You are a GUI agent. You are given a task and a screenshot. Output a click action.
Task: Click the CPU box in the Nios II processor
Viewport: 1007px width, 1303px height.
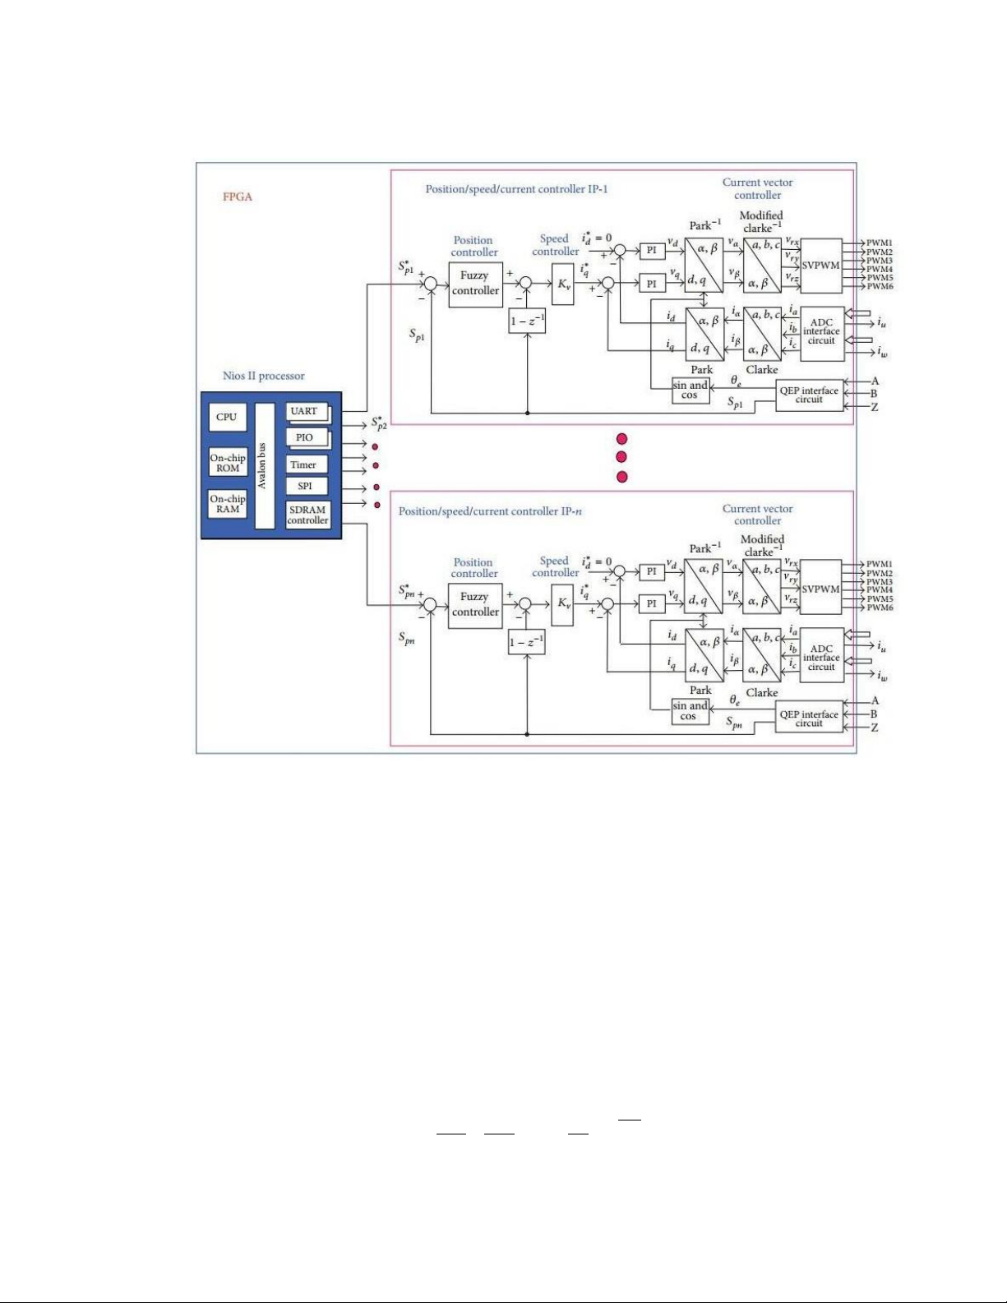coord(226,417)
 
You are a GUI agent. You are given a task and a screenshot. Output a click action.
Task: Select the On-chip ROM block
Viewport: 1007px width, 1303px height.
coord(228,463)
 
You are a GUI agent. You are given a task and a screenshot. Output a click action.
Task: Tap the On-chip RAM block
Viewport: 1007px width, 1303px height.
coord(228,504)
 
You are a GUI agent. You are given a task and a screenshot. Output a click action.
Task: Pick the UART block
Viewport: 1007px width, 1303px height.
coord(305,411)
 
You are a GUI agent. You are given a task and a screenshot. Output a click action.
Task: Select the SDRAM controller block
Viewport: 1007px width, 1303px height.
coord(307,515)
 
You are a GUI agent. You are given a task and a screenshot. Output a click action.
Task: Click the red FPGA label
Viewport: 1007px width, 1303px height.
coord(238,196)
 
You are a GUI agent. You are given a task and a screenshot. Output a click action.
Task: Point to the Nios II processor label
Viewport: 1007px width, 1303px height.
coord(263,376)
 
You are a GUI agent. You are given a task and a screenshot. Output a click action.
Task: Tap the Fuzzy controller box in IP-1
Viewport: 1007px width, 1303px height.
coord(475,284)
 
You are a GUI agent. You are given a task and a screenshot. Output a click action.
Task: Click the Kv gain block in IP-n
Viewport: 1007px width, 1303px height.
coord(563,603)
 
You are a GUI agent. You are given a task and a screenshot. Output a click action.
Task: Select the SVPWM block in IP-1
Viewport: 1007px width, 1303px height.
coord(820,266)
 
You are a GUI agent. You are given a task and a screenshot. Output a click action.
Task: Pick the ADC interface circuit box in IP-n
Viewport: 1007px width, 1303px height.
coord(821,658)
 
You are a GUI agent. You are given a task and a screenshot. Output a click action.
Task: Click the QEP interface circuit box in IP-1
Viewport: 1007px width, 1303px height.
coord(809,395)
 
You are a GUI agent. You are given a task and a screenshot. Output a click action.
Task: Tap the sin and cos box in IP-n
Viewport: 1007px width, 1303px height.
coord(690,711)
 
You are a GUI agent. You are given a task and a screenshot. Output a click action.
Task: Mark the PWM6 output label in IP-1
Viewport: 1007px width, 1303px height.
coord(880,286)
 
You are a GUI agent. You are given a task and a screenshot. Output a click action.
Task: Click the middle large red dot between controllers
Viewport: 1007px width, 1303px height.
coord(621,457)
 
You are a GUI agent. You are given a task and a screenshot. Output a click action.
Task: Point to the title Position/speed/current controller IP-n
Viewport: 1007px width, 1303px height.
coord(490,511)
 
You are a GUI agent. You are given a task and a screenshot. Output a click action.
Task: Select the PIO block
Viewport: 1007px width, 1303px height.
coord(305,437)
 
